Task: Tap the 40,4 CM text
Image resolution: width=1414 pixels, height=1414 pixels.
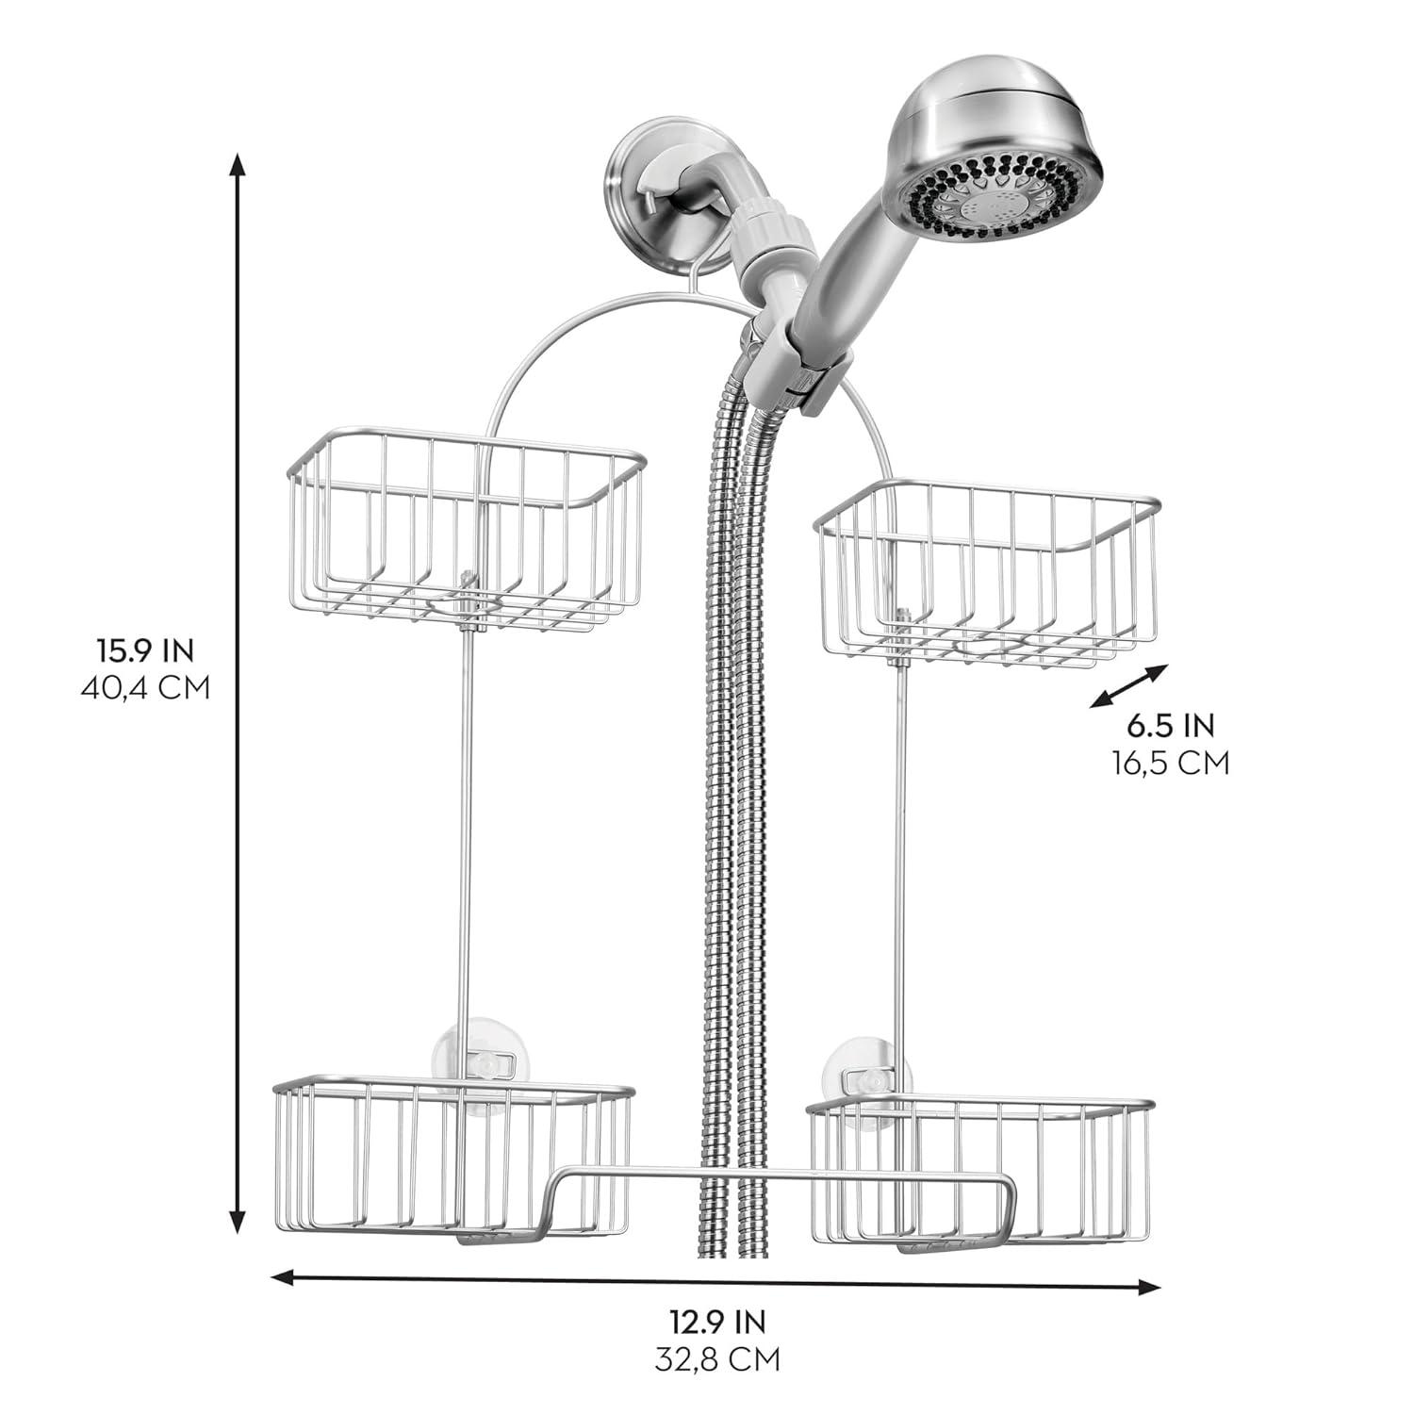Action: pyautogui.click(x=145, y=687)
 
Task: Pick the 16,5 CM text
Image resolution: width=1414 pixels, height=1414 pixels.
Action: pyautogui.click(x=1171, y=762)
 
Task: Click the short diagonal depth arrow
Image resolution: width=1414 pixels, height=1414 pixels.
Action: pyautogui.click(x=1128, y=685)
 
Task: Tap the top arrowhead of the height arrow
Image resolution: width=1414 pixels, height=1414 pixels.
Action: pyautogui.click(x=238, y=164)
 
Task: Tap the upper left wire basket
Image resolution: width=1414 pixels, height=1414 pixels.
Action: pyautogui.click(x=467, y=528)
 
